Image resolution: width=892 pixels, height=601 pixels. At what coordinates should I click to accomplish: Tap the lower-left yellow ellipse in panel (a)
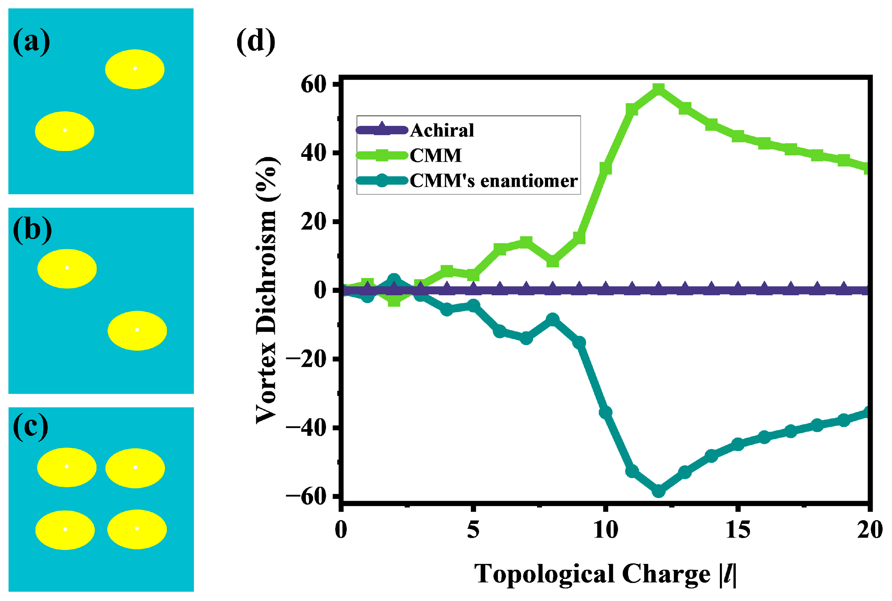[x=64, y=131]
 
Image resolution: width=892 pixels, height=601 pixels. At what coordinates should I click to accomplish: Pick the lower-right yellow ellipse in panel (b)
[x=137, y=331]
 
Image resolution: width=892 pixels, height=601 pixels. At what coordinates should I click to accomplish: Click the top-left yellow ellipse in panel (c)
[x=67, y=467]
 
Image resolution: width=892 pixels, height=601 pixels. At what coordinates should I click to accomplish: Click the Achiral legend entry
[x=442, y=130]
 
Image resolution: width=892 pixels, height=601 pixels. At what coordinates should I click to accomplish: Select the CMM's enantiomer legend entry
[x=493, y=181]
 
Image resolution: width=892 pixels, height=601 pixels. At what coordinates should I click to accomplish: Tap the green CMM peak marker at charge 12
[x=658, y=90]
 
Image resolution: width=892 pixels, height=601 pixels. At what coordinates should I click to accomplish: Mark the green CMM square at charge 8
[x=552, y=261]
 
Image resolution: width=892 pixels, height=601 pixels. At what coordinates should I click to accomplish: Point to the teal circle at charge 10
[x=605, y=412]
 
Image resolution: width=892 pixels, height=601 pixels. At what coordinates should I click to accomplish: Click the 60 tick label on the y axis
[x=313, y=85]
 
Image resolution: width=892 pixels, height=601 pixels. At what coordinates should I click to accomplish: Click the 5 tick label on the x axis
[x=473, y=530]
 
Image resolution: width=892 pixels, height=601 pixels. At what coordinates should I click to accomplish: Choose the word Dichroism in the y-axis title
[x=266, y=272]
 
